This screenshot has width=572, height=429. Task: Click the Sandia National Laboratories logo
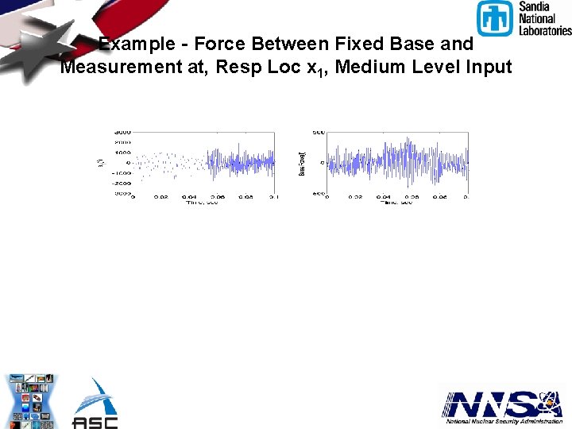(524, 18)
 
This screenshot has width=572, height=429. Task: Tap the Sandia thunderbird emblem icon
(495, 18)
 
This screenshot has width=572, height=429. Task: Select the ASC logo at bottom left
(95, 404)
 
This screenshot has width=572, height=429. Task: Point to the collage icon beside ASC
(33, 401)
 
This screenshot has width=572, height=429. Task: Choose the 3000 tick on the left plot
(122, 132)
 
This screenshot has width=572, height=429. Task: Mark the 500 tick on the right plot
(318, 132)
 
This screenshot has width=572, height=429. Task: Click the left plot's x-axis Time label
(202, 203)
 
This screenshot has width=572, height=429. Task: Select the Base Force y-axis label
(302, 162)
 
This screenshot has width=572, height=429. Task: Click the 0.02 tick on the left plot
(161, 197)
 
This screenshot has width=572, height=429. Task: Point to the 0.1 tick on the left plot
(272, 197)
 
